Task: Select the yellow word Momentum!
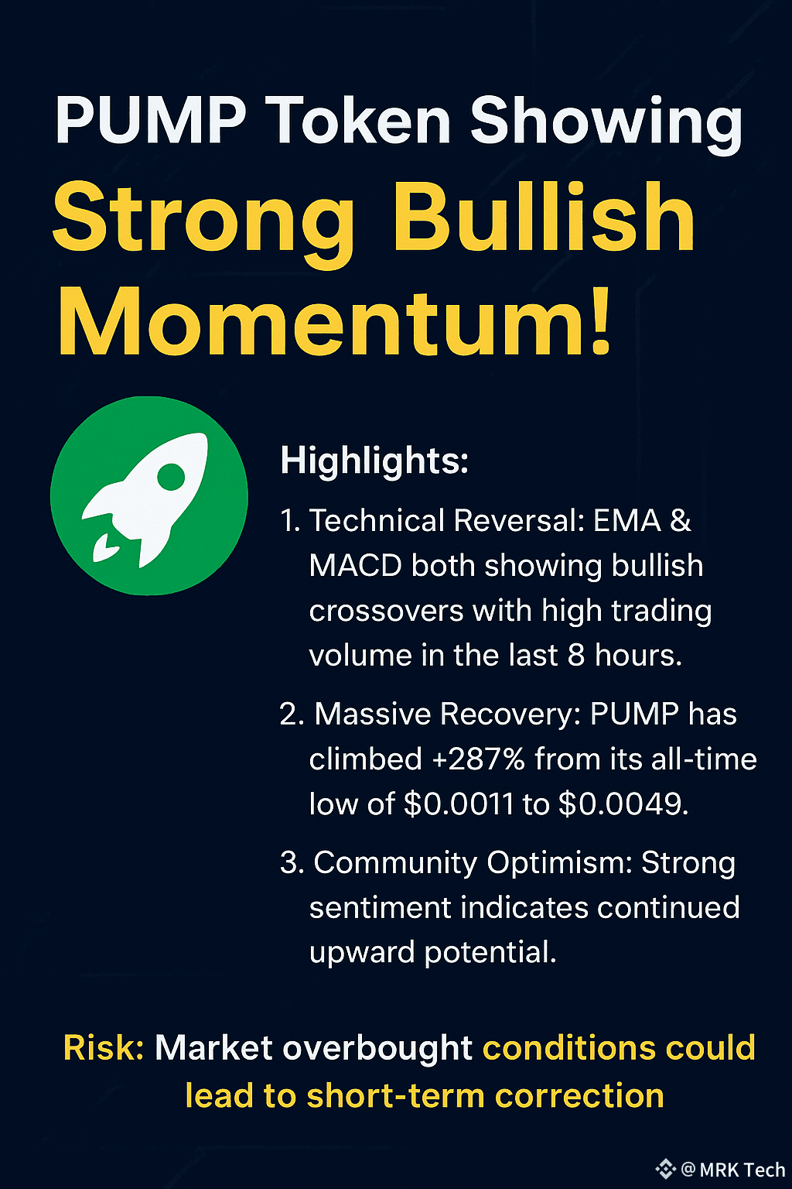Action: (335, 320)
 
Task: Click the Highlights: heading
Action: (374, 460)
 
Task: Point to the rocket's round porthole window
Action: (171, 477)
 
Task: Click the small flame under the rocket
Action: (105, 548)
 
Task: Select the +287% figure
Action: (478, 759)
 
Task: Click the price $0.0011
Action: (459, 804)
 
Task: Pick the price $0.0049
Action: (623, 804)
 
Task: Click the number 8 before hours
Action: (576, 656)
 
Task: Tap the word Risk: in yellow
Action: (104, 1048)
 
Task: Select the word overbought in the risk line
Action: (377, 1049)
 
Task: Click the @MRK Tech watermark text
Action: (732, 1170)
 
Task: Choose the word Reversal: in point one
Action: (519, 520)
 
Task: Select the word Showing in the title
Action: (606, 124)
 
